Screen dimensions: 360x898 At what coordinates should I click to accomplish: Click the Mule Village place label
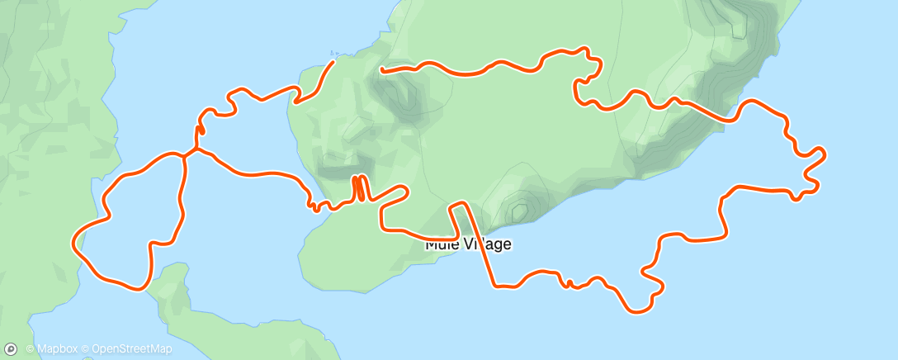pos(468,244)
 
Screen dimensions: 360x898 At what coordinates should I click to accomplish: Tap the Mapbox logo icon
pos(11,349)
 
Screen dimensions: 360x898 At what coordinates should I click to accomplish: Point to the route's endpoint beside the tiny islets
pos(333,60)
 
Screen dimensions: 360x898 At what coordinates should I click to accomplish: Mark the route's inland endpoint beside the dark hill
pos(380,70)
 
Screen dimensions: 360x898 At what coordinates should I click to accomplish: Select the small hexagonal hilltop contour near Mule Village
pos(519,211)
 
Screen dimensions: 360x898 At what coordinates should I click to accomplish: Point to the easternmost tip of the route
pos(825,152)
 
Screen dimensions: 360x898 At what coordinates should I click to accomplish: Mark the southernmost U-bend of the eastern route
pos(636,310)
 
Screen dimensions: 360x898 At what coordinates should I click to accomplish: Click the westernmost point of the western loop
pos(75,241)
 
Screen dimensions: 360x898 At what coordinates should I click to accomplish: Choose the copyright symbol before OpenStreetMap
pos(86,350)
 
